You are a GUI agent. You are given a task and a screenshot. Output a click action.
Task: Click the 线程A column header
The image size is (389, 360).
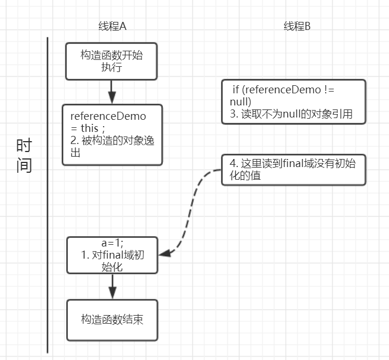click(112, 26)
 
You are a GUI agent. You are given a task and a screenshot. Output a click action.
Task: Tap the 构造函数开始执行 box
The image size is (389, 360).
click(111, 61)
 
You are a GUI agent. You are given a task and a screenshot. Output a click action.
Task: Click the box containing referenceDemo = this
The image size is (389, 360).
click(112, 135)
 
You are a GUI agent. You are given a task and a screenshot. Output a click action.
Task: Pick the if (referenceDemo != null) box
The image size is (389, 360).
click(293, 101)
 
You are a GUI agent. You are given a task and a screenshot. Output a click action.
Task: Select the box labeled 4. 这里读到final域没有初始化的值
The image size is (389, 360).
click(293, 170)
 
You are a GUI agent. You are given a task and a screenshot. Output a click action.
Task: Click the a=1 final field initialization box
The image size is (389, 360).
click(112, 255)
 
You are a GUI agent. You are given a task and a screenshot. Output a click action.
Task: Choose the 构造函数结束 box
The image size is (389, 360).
click(112, 320)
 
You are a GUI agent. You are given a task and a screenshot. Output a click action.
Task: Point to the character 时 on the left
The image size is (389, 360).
click(24, 146)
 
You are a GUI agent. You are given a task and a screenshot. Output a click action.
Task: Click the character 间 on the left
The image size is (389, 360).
click(24, 166)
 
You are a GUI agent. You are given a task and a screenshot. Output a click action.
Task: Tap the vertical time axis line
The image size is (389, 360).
click(47, 196)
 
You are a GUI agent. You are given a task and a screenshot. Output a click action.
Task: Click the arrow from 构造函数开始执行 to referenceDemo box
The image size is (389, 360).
click(112, 92)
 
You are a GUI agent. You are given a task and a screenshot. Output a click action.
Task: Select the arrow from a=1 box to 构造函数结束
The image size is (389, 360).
click(112, 286)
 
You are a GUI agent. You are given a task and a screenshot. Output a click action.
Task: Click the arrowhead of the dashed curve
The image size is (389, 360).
click(163, 253)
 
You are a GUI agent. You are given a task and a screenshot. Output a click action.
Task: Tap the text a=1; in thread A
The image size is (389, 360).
click(112, 243)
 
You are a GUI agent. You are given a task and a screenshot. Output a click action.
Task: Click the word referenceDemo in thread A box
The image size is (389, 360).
click(108, 116)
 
